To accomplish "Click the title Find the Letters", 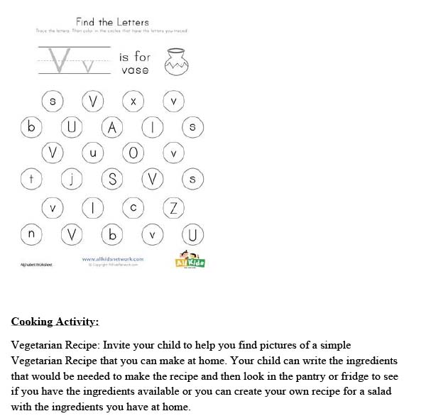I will (x=112, y=22).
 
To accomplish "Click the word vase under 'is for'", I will (x=134, y=70).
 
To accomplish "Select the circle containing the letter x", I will (x=133, y=102).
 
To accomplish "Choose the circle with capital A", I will (x=112, y=128).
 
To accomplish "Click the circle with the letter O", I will (x=133, y=153).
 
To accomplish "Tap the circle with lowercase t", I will (x=31, y=180).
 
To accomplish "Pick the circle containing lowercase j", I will (x=72, y=180).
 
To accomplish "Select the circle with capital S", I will (x=112, y=180).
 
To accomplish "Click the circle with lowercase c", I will (x=133, y=207).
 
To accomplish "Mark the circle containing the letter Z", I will (x=173, y=207).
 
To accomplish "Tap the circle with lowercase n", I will (x=31, y=234).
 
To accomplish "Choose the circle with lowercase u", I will (x=92, y=153).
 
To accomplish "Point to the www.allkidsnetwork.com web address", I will (x=113, y=259).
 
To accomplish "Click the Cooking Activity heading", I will (x=55, y=322).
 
